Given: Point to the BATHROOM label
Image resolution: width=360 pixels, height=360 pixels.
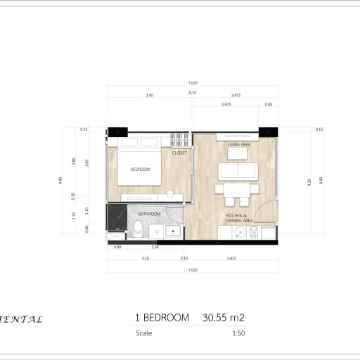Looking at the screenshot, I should tap(150, 214).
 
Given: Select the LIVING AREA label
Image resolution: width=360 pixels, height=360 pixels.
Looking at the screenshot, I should tap(238, 144).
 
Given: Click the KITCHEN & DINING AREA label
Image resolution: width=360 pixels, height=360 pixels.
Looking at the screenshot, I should tap(238, 218).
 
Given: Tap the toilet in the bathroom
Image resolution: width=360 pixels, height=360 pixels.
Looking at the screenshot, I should tap(139, 227).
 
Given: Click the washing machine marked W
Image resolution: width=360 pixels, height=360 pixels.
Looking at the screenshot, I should tap(157, 231).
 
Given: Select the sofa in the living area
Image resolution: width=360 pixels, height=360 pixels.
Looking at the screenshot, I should tap(238, 171).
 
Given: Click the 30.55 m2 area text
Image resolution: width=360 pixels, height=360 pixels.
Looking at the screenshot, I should tap(224, 318).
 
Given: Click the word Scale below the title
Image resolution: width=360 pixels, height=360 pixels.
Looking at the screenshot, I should tap(143, 333).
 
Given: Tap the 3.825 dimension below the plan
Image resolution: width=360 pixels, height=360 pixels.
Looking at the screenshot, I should tap(233, 259).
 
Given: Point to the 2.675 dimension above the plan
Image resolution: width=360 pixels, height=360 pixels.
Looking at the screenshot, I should tap(225, 104).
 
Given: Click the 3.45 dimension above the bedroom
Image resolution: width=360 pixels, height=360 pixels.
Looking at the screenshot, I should tap(149, 94).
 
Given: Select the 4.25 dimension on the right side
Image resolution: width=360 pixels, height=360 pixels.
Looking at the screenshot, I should tap(309, 181).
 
